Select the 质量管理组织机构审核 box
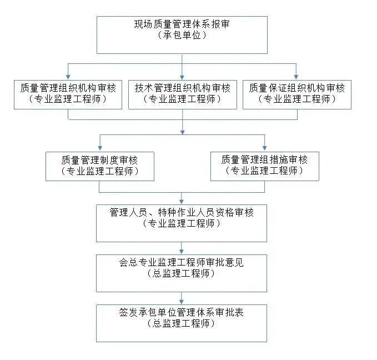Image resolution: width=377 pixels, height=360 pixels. coord(68,94)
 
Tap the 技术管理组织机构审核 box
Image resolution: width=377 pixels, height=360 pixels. coord(182,94)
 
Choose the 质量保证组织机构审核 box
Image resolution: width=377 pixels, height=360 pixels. coord(296,94)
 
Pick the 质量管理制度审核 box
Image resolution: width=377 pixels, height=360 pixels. coord(100,166)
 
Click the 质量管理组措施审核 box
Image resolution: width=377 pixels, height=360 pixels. coord(264,166)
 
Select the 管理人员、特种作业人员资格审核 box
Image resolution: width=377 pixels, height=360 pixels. coord(182,223)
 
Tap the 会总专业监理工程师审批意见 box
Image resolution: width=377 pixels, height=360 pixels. coord(182,273)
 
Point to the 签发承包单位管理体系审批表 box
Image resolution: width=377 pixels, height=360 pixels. coord(182,323)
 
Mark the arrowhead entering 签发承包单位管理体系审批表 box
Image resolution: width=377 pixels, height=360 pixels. coord(182,301)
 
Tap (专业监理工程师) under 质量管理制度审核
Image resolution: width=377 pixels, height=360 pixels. coord(100,172)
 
